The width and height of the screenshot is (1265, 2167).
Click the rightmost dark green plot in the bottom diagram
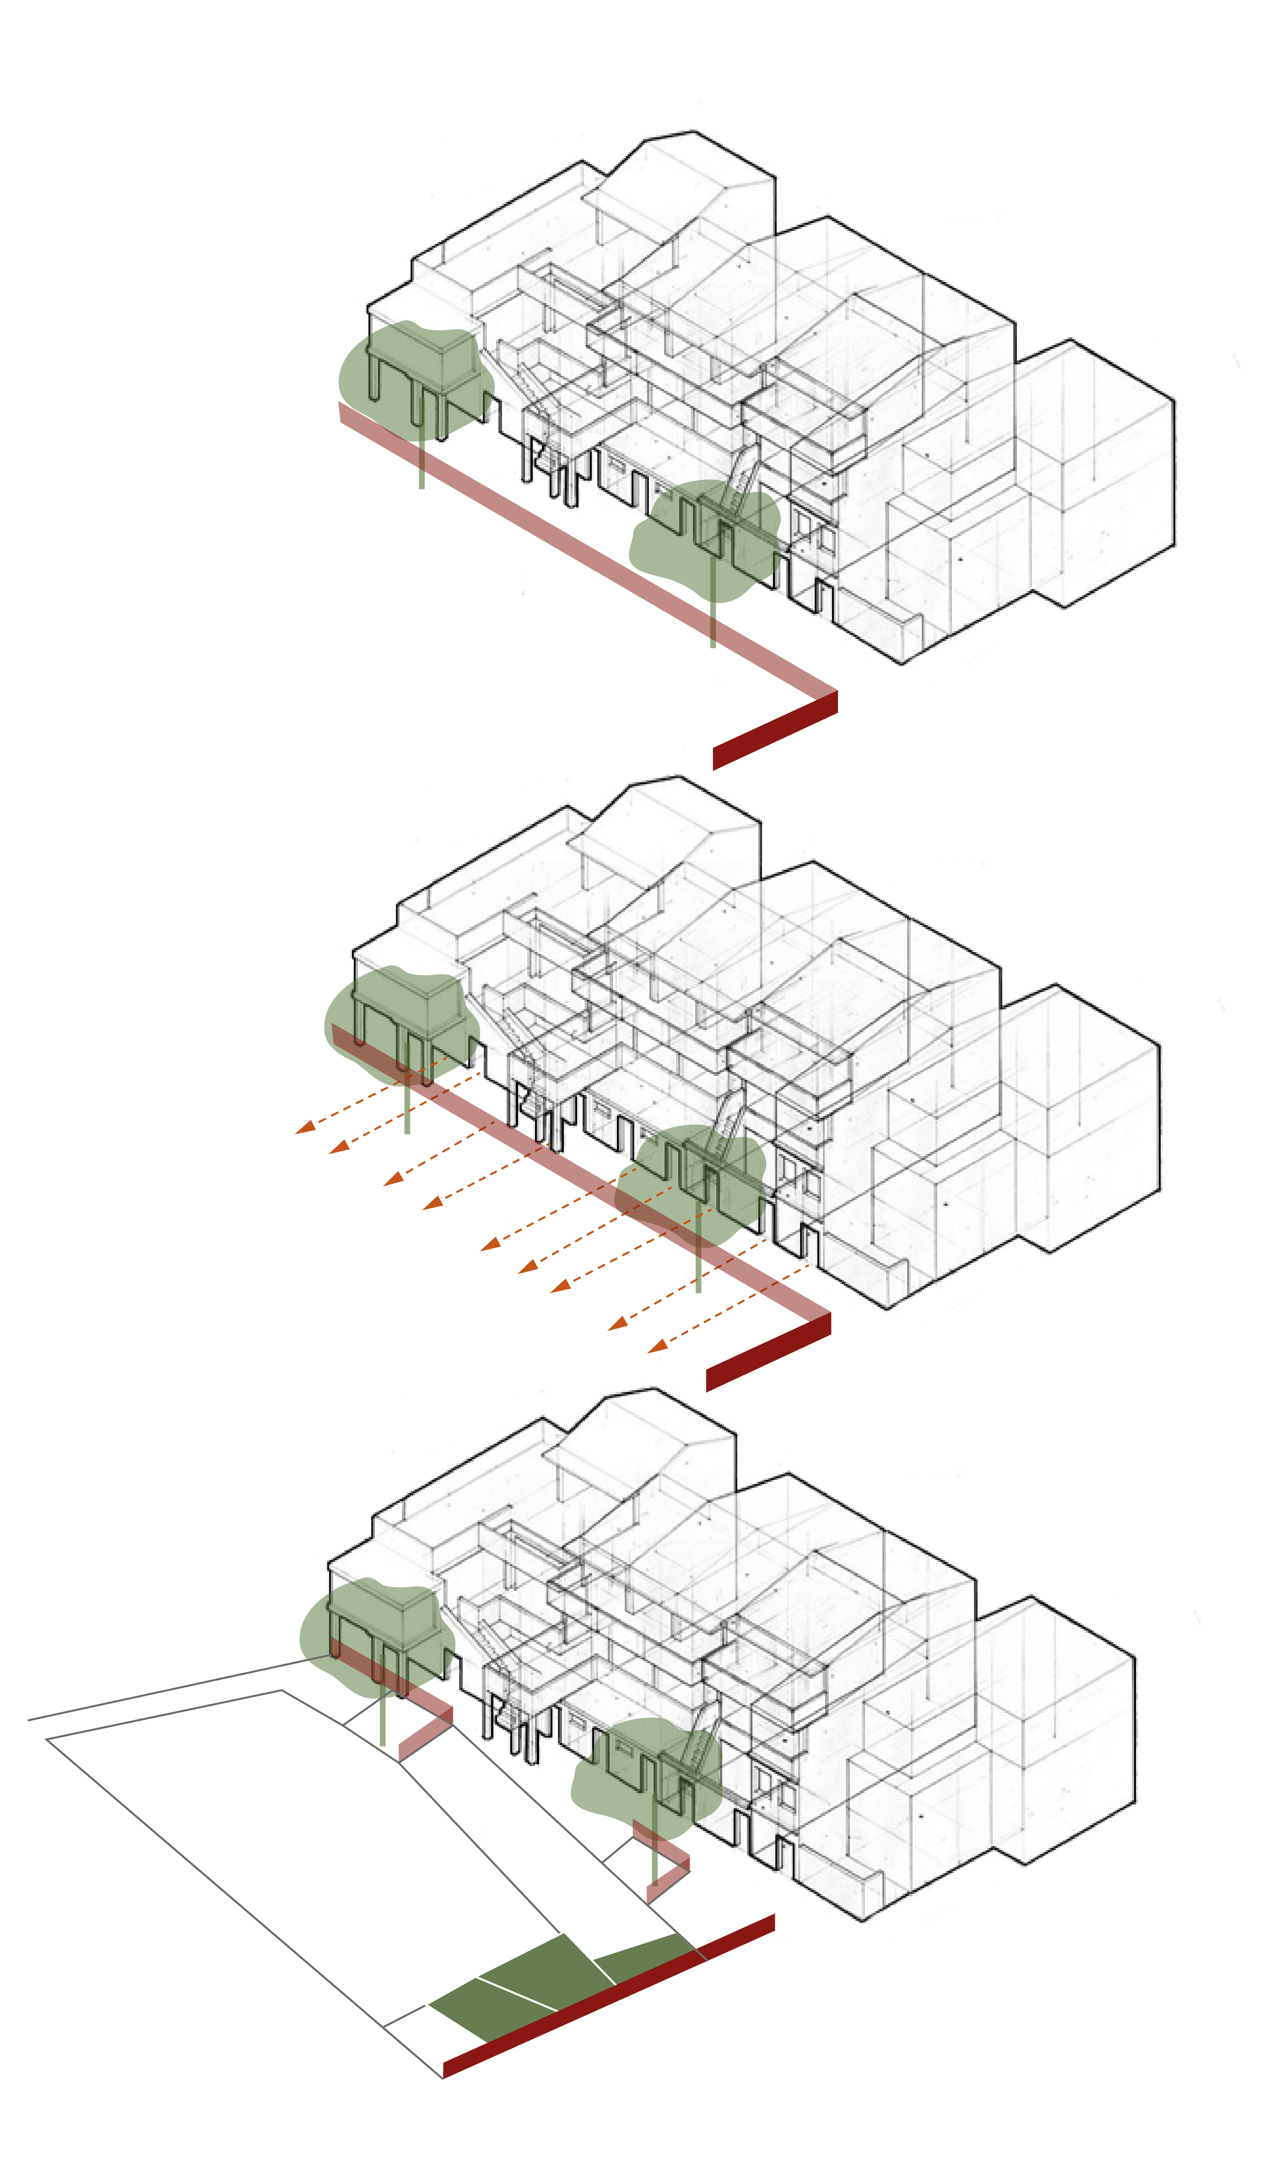click(x=645, y=1952)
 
